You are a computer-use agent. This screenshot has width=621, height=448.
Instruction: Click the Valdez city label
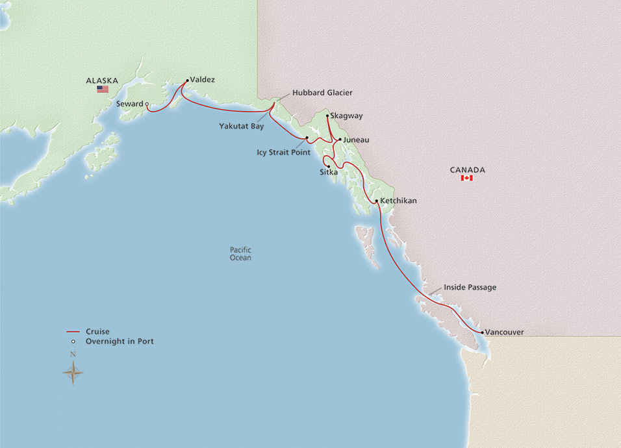pos(203,80)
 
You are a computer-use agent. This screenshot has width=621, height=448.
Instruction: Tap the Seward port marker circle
pos(147,104)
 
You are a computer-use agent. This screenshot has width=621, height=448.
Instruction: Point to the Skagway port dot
pos(327,116)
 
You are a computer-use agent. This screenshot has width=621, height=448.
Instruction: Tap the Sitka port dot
pos(329,166)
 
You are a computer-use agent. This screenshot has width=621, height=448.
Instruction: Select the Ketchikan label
pos(398,201)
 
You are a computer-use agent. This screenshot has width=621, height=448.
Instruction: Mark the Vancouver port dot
pos(481,332)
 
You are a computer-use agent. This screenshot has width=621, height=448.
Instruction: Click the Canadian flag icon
pos(466,178)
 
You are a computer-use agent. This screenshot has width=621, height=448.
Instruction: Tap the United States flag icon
pos(103,89)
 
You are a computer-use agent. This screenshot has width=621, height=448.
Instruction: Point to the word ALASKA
pos(102,81)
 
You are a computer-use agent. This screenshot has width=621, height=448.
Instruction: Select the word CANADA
pos(467,170)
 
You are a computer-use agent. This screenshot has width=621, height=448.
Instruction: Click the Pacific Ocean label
pos(240,254)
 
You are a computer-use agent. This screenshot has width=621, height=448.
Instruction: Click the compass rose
pos(73,371)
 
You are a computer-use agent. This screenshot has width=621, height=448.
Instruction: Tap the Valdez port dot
pos(188,81)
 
